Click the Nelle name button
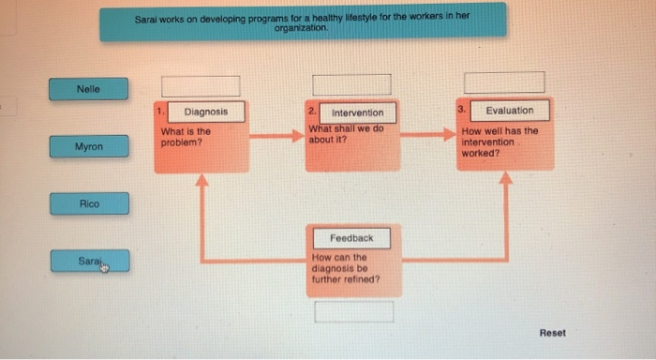(89, 89)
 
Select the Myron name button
(89, 147)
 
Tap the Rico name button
(89, 202)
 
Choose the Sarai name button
(89, 260)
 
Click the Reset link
(552, 333)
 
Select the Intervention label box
(356, 112)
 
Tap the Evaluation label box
(509, 111)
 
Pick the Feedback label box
(350, 237)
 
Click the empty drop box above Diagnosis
(201, 85)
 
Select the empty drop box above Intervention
(351, 84)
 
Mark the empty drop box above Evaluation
(504, 83)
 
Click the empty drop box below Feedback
(353, 311)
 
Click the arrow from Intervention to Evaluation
(428, 135)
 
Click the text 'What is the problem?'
(186, 137)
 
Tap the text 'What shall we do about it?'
(346, 134)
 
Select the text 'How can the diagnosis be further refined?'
(345, 268)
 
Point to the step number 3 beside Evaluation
(461, 110)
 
